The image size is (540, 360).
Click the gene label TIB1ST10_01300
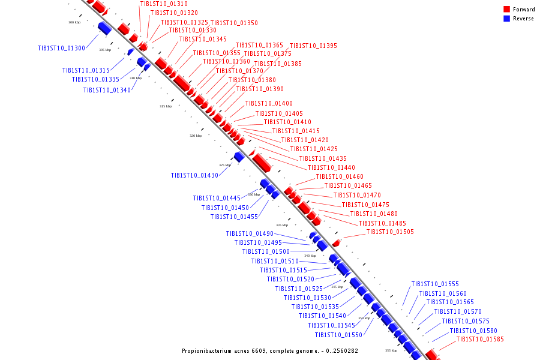point(61,48)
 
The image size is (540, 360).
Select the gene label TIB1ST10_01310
point(164,4)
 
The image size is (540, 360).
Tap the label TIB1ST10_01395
point(313,46)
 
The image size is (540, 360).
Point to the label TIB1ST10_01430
point(194,176)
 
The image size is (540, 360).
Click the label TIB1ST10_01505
point(390,232)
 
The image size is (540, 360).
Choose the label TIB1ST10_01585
point(480,340)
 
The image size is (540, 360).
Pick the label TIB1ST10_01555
point(435,284)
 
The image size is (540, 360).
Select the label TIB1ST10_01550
point(338,335)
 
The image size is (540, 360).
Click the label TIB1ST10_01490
point(250,234)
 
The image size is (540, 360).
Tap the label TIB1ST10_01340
point(107,91)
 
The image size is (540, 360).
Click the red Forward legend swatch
point(507,10)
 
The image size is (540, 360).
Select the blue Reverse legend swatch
point(507,19)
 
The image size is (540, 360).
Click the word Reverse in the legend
point(523,19)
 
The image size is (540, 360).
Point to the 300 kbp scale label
point(74,22)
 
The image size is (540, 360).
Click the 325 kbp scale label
point(225,165)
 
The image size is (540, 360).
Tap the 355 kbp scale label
point(391,350)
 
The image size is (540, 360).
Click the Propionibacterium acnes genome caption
point(270,350)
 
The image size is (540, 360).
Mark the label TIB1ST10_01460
point(340,176)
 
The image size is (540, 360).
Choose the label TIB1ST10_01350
point(234,23)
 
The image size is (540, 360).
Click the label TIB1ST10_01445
point(217,198)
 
